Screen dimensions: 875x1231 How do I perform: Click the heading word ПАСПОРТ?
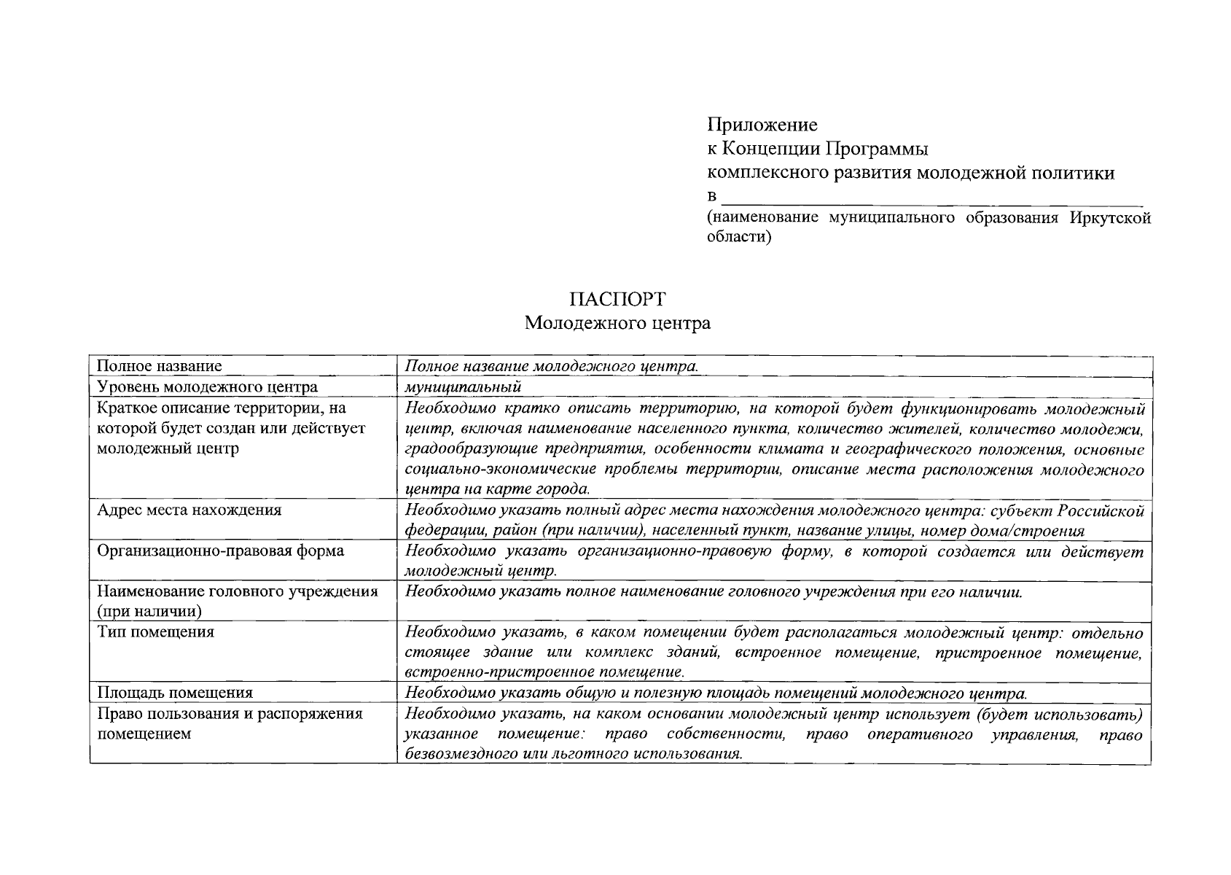[x=617, y=299]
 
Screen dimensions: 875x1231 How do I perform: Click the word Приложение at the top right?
[x=762, y=125]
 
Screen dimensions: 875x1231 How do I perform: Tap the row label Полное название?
[x=160, y=366]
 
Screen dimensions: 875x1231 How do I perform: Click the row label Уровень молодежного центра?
[x=207, y=387]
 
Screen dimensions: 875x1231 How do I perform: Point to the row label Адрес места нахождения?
[x=189, y=510]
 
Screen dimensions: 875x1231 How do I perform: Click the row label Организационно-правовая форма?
[x=220, y=551]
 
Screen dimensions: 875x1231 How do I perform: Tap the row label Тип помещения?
[x=155, y=631]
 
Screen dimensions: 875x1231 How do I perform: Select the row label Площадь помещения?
[x=175, y=693]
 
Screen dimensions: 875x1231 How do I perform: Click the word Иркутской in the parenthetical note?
[x=1111, y=218]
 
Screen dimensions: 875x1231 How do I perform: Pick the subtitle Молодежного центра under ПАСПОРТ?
[x=617, y=323]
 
